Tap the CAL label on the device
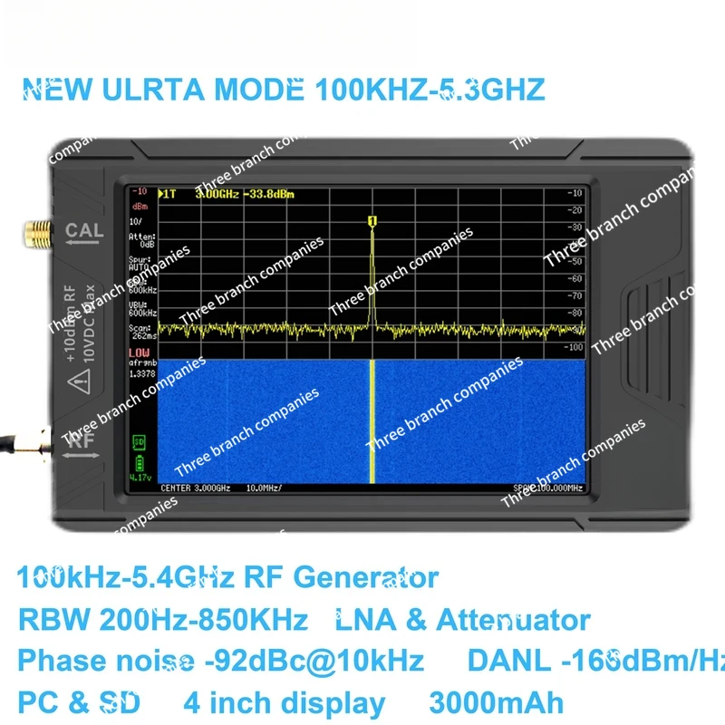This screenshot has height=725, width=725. (x=83, y=231)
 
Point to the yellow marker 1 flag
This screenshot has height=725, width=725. (x=372, y=220)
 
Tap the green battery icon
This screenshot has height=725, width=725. (x=139, y=462)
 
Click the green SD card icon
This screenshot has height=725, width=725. (x=139, y=441)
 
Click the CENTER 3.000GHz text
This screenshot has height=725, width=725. (x=195, y=488)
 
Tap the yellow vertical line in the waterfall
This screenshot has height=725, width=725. (x=372, y=421)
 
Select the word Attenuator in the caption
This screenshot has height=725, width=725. (x=513, y=620)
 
